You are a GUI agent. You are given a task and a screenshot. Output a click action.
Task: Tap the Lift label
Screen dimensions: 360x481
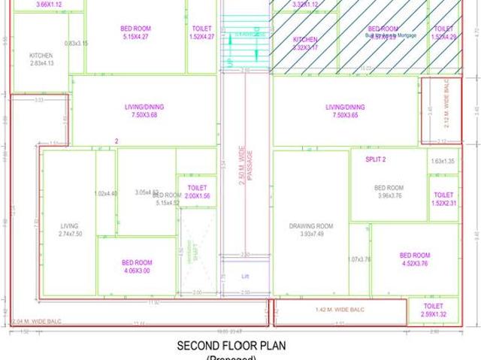coord(245,277)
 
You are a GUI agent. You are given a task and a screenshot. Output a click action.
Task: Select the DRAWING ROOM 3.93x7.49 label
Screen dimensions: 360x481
coord(310,229)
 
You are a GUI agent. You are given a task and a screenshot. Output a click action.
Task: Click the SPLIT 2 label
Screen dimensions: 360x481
coord(375,159)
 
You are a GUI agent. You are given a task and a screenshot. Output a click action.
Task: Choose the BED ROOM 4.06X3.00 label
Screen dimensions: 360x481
coord(136,267)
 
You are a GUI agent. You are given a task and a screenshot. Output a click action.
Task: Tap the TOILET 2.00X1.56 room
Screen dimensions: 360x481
coord(197,192)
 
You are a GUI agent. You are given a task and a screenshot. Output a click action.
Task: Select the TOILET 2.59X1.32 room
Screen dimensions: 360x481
coord(434,310)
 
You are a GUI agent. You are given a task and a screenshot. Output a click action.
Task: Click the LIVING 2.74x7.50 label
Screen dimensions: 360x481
coord(69,230)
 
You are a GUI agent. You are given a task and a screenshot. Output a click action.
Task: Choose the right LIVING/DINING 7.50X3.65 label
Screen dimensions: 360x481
coord(345,110)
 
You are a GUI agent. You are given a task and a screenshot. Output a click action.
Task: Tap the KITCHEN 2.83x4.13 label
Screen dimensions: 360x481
coord(41,59)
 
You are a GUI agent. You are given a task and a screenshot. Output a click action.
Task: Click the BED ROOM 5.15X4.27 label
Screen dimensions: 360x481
coord(136,32)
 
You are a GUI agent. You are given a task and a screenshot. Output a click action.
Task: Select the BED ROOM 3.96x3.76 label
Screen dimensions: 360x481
coord(389,192)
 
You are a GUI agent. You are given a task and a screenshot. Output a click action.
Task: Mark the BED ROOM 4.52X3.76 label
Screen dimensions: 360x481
coord(414,259)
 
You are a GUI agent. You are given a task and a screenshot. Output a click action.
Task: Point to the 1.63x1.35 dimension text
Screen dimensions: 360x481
coord(443,162)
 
